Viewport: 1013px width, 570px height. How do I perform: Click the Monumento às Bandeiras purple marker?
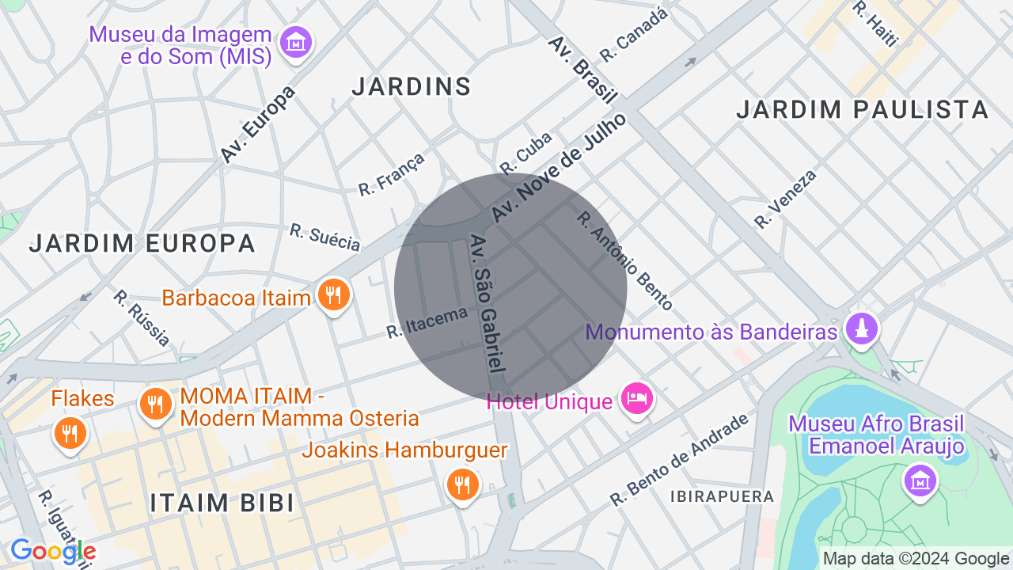(861, 329)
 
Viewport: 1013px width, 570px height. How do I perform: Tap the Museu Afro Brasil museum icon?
(920, 480)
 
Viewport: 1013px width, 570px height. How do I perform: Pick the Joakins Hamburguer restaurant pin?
(462, 484)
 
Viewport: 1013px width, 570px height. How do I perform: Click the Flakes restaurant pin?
(70, 432)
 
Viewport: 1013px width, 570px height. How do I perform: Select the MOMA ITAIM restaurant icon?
(155, 405)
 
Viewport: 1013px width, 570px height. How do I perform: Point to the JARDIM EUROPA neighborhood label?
(142, 243)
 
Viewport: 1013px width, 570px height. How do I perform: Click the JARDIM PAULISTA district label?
(863, 109)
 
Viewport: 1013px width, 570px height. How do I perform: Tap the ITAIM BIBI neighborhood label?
(222, 503)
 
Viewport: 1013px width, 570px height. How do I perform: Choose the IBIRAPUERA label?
(722, 496)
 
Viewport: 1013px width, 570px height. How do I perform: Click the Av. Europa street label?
(257, 124)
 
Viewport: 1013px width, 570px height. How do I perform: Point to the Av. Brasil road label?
(582, 69)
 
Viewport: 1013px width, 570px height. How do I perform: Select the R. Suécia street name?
(325, 237)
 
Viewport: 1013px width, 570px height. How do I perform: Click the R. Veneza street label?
(785, 199)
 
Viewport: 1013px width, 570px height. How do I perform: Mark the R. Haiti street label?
(875, 23)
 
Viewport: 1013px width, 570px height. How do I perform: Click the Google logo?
(53, 552)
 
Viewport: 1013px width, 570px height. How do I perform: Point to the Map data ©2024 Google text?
(916, 558)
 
